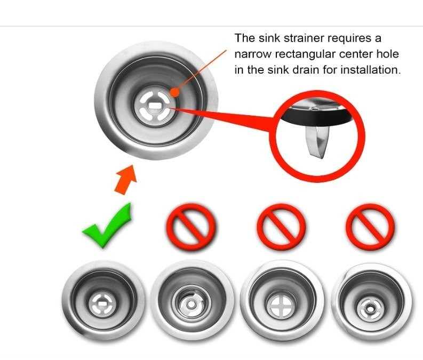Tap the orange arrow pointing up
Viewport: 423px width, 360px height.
click(126, 180)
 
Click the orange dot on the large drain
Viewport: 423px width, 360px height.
click(175, 92)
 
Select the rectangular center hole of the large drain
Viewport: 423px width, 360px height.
click(155, 106)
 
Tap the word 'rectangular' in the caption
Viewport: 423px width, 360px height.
click(305, 54)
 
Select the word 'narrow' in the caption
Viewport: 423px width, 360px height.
click(253, 54)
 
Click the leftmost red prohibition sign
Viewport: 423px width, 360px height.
click(191, 227)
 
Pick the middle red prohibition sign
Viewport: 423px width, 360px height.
click(281, 227)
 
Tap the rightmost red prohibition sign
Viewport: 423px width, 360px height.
click(370, 227)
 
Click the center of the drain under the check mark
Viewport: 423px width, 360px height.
click(102, 304)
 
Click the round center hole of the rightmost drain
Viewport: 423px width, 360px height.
click(369, 307)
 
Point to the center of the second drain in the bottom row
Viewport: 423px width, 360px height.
click(191, 305)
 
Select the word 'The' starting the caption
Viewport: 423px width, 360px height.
click(245, 38)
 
